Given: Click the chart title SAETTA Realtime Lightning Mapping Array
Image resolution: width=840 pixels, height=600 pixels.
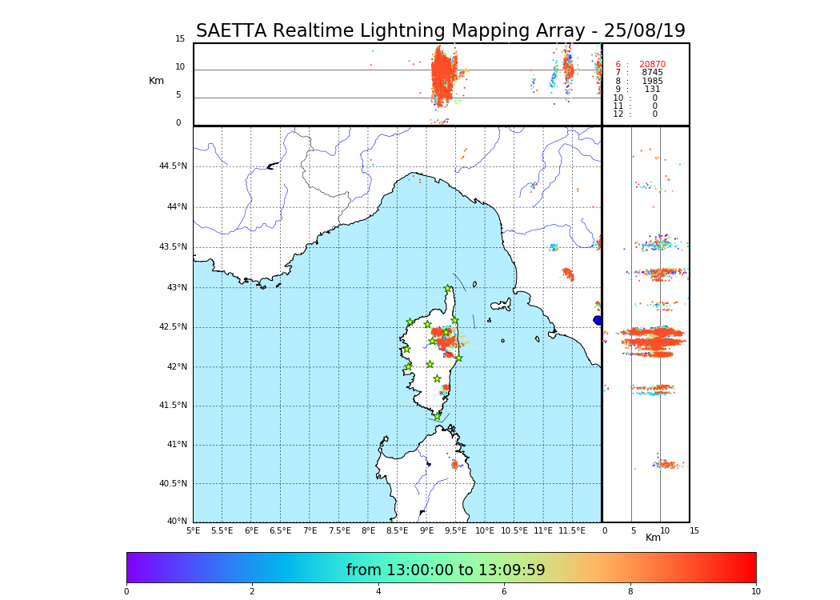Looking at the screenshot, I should click(440, 31).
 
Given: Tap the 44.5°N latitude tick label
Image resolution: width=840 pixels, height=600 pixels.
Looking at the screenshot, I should click(173, 166).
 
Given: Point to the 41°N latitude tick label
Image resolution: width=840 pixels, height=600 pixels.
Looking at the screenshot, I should click(176, 445).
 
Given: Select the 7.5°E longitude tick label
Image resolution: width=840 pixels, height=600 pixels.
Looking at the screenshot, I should click(339, 530).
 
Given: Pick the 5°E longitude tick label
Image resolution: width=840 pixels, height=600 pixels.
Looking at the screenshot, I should click(193, 530).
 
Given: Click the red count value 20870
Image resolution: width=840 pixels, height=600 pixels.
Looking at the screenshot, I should click(652, 65).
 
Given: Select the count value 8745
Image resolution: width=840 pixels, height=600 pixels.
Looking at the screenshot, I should click(652, 73).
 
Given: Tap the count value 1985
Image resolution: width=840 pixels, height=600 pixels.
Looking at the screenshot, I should click(652, 82).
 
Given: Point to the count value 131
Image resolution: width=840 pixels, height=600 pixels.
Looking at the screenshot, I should click(652, 90).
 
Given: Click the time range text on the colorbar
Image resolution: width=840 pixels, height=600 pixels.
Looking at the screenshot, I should click(446, 570).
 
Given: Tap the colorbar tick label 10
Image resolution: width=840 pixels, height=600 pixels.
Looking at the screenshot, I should click(755, 592).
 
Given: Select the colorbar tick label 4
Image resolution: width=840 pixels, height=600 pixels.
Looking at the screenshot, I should click(378, 592).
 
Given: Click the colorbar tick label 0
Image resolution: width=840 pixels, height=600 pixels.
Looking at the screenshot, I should click(126, 592).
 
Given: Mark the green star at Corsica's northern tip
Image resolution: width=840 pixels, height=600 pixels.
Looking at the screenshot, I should click(448, 289).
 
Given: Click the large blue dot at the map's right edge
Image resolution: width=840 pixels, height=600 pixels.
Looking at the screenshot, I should click(598, 320).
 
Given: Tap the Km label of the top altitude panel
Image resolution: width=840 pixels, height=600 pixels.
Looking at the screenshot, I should click(156, 81).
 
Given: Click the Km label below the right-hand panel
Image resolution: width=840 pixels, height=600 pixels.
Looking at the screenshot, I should click(653, 538).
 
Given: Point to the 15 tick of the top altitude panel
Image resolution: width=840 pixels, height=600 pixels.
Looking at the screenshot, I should click(180, 39).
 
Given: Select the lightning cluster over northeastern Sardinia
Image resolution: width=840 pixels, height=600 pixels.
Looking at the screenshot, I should click(454, 464).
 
